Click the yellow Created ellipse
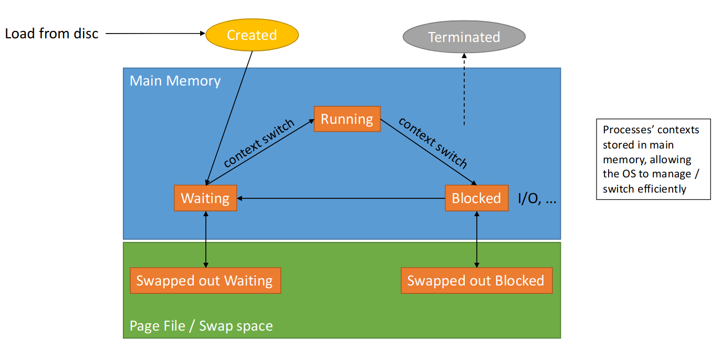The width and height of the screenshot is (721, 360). point(252,35)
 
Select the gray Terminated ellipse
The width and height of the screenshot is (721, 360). point(464,37)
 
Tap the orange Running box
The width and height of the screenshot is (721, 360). point(347,119)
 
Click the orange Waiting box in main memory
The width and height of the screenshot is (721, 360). point(205,198)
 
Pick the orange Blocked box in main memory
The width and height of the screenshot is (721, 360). point(476,198)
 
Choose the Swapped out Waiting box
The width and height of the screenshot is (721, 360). point(205,281)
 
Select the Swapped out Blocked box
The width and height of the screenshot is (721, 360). point(476,281)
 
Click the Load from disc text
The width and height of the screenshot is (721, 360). point(51,34)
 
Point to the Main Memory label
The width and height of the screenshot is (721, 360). point(175,81)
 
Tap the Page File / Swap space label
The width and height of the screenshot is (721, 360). point(201,326)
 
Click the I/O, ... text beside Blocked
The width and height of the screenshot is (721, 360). point(537,199)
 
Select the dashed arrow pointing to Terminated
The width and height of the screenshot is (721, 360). point(464,89)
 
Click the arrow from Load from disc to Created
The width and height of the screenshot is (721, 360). point(155,34)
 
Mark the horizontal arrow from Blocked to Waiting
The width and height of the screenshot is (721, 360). point(341,198)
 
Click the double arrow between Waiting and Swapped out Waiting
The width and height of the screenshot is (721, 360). point(205,239)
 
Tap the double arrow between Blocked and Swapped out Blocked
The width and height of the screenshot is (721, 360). point(476,239)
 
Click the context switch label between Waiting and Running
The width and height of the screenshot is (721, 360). point(259,143)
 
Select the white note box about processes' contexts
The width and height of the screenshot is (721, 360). point(653,159)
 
